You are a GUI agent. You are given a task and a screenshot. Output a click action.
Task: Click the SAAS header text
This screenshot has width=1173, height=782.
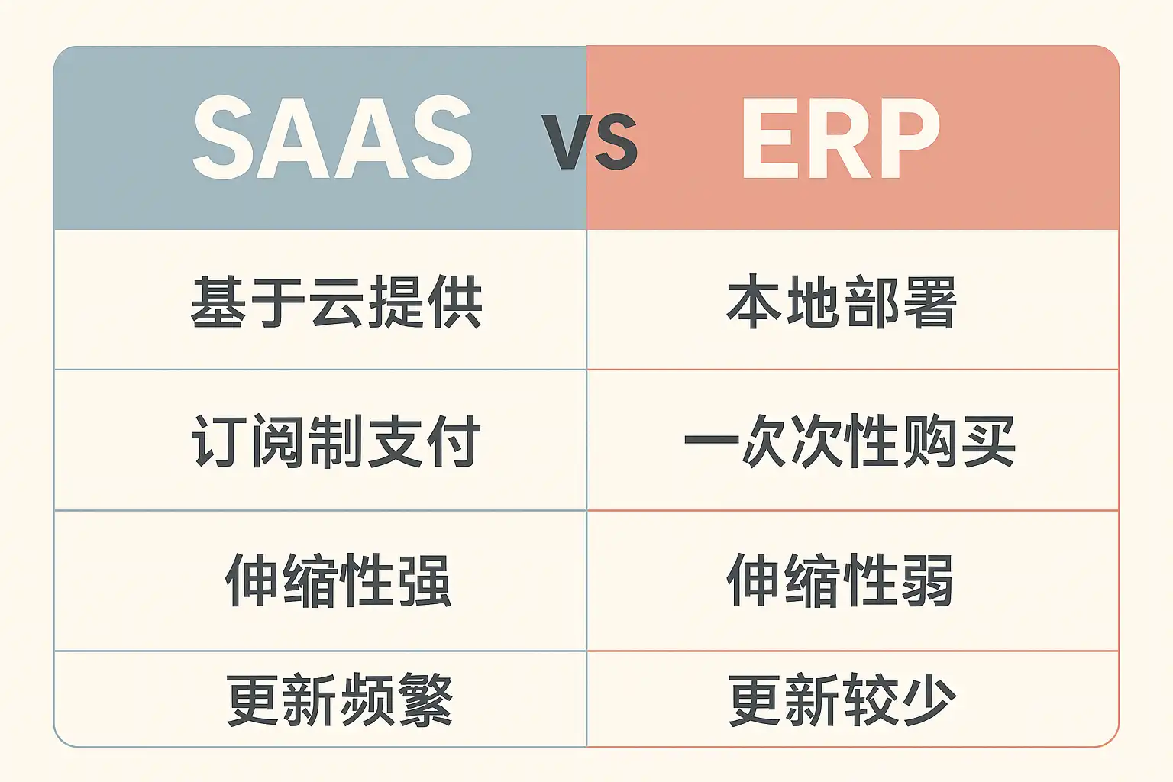click(x=333, y=138)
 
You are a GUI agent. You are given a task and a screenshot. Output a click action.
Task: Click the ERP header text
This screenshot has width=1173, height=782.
click(x=841, y=138)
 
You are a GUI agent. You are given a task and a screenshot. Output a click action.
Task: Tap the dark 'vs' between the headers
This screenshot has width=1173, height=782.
click(x=590, y=141)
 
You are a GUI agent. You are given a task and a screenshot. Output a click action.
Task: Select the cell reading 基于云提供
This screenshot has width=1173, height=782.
click(x=336, y=302)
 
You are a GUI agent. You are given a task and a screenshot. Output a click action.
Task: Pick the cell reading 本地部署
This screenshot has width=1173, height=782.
click(x=842, y=302)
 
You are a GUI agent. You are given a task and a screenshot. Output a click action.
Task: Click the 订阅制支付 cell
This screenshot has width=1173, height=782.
click(x=336, y=441)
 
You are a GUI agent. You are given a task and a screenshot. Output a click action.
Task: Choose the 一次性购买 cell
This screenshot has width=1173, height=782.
click(x=849, y=441)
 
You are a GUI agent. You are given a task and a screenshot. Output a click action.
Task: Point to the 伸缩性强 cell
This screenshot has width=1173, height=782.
click(x=338, y=580)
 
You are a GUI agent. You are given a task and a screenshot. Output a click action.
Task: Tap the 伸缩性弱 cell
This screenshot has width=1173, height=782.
click(x=839, y=580)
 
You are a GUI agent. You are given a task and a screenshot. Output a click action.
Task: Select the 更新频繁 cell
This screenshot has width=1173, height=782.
click(x=340, y=700)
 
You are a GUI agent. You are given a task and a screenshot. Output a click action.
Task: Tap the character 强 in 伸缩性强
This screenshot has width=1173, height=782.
click(x=425, y=580)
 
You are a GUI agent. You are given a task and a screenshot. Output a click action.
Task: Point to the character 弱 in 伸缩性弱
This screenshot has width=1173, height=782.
click(x=926, y=580)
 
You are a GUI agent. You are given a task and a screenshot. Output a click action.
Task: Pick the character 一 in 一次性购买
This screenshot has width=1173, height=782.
click(x=711, y=439)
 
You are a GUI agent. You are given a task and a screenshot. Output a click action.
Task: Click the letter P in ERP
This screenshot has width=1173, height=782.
click(x=906, y=138)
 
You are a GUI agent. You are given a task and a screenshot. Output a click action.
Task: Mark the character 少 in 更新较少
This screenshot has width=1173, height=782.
click(x=929, y=700)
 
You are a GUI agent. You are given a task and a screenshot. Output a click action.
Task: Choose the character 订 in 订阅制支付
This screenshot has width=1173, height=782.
click(x=218, y=441)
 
